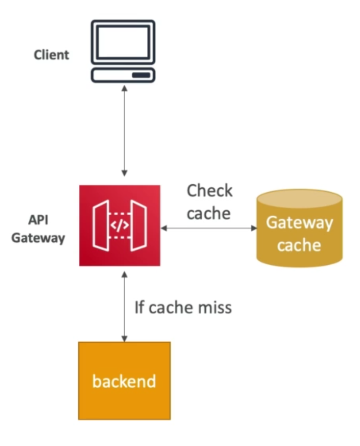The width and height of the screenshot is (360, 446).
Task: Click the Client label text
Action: point(51,55)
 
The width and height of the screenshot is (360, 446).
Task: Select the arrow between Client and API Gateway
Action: point(125,130)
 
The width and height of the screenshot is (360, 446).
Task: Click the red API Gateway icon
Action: point(120,225)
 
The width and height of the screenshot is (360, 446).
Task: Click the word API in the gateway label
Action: point(38,220)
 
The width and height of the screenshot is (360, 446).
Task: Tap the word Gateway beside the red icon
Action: point(38,238)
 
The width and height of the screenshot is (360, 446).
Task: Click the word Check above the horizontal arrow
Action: point(210,191)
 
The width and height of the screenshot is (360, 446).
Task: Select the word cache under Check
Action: point(209,213)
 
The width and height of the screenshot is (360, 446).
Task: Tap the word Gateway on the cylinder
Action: point(299,223)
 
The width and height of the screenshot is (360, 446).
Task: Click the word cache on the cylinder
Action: point(299,245)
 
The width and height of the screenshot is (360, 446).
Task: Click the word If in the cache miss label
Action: point(139,308)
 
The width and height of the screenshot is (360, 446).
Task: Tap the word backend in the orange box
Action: point(124,381)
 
